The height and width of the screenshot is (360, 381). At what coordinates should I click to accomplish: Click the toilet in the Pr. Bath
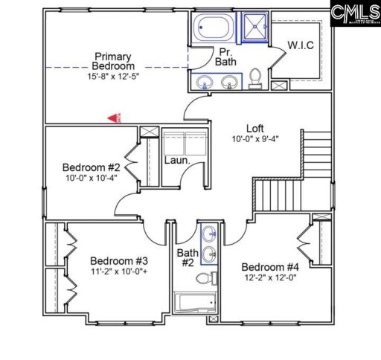coord(254,78)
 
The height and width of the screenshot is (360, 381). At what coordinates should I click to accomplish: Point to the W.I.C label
coord(301,47)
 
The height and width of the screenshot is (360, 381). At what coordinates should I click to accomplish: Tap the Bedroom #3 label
coord(119,261)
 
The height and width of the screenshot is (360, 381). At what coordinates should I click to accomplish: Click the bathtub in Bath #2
coord(194,303)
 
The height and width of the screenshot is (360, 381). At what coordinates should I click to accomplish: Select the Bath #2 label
coord(186,257)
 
